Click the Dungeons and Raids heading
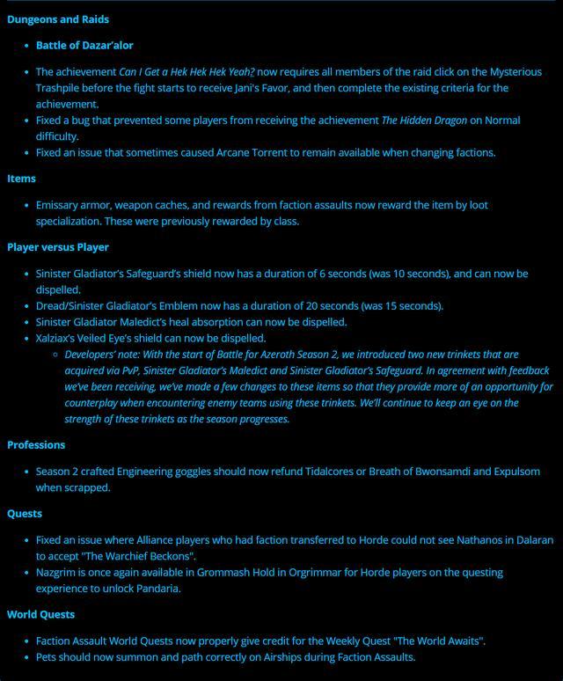pyautogui.click(x=58, y=19)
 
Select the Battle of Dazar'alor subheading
pyautogui.click(x=84, y=45)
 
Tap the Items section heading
pyautogui.click(x=21, y=179)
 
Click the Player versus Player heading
pyautogui.click(x=58, y=247)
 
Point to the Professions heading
pyautogui.click(x=36, y=445)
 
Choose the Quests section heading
pyautogui.click(x=25, y=514)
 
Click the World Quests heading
pyautogui.click(x=40, y=615)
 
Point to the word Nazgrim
pyautogui.click(x=58, y=573)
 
